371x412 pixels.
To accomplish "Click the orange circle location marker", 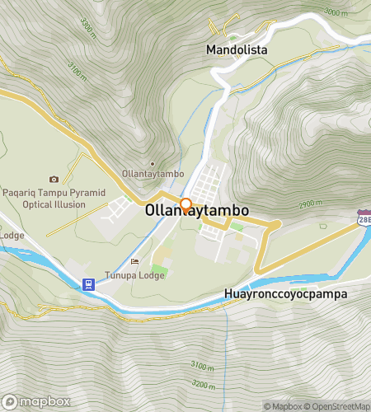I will click(186, 204).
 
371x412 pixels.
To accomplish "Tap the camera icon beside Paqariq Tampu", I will click(54, 179).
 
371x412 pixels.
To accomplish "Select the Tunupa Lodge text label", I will click(134, 275).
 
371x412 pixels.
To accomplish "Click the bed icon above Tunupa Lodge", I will click(134, 262).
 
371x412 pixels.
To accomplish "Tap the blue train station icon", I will click(87, 284).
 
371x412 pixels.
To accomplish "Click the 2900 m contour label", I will click(311, 204).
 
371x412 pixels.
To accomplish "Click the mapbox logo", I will click(35, 402).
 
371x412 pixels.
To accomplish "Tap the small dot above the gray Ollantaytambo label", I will click(152, 164).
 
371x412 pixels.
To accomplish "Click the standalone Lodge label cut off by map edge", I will click(12, 235).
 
